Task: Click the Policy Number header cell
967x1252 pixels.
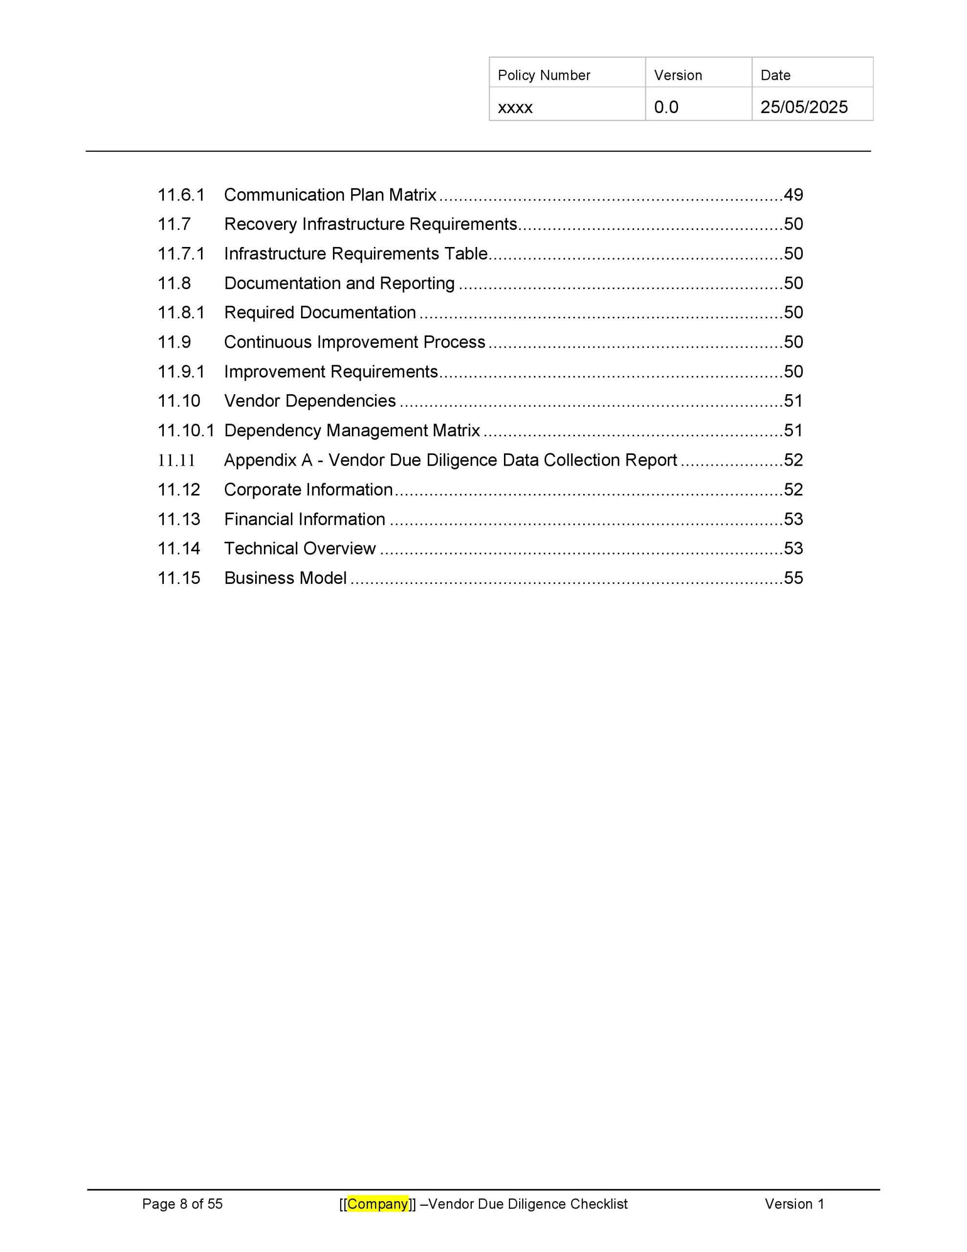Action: (544, 75)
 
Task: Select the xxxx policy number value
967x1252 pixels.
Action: (515, 107)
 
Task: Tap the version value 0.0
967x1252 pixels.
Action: (665, 107)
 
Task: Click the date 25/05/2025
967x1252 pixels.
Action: (804, 107)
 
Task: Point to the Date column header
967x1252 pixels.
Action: (775, 75)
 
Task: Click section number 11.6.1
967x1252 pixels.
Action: (180, 195)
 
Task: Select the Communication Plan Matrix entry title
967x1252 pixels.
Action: (330, 195)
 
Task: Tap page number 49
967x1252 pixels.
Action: (793, 195)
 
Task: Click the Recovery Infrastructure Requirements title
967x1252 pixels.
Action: (370, 224)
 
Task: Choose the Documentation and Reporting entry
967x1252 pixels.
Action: (339, 283)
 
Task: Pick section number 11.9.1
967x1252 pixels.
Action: (180, 372)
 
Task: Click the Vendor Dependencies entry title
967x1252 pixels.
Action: (309, 401)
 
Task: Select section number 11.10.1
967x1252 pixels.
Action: (186, 430)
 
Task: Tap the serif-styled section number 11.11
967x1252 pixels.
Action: (176, 460)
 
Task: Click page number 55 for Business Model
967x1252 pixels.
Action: (793, 578)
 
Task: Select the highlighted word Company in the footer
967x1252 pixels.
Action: (378, 1204)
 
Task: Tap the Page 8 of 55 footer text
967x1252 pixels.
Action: (182, 1204)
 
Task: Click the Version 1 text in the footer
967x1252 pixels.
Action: (794, 1204)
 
